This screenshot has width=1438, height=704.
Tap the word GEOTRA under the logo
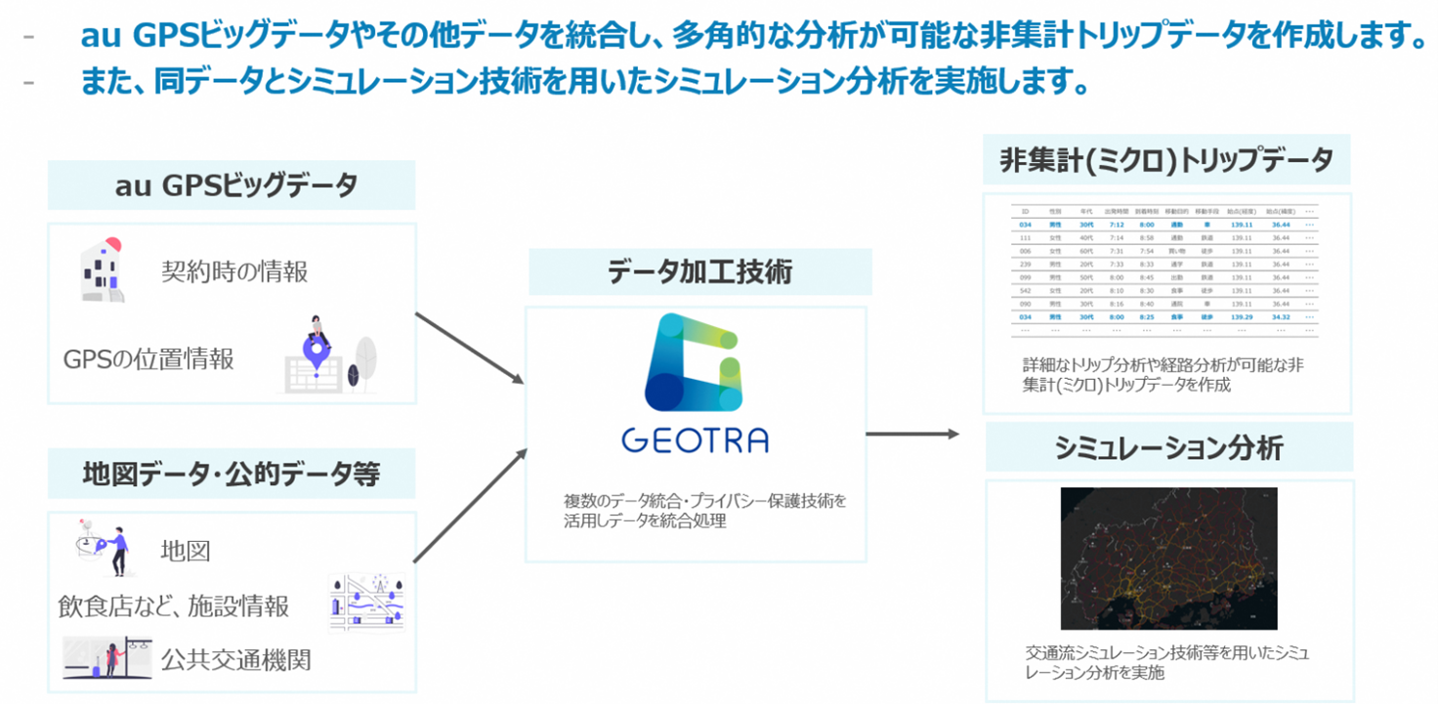click(695, 440)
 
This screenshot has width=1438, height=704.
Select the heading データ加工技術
click(699, 272)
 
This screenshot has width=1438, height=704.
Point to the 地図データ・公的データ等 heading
click(232, 474)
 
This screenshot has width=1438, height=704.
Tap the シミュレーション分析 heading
click(1168, 447)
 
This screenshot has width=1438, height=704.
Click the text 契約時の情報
click(234, 270)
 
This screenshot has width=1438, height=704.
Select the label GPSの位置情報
click(148, 358)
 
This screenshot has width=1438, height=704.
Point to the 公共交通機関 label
click(235, 660)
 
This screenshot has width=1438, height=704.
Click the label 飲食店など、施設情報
click(174, 606)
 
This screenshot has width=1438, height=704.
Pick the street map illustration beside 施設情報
click(367, 601)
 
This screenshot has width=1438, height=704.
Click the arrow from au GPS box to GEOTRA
click(470, 350)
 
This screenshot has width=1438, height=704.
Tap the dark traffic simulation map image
click(1168, 558)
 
